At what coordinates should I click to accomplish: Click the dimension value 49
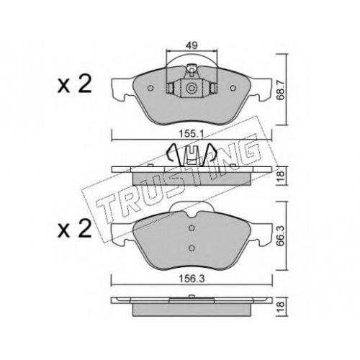tap(192, 45)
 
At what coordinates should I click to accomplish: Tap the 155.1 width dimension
tap(192, 134)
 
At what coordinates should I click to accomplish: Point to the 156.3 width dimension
tap(192, 279)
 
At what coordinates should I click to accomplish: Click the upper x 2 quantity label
tap(74, 86)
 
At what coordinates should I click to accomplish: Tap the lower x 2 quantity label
tap(74, 229)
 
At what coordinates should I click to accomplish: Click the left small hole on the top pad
tap(150, 89)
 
